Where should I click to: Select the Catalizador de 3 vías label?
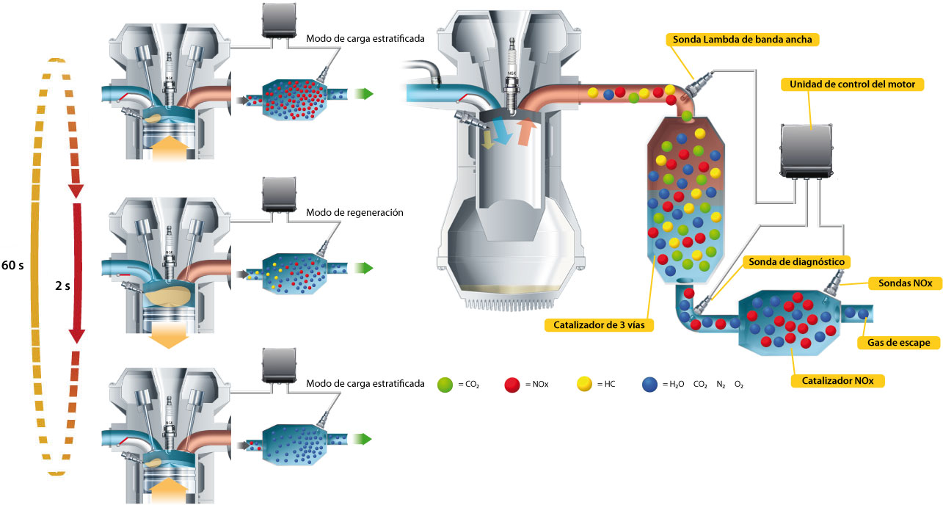[598, 324]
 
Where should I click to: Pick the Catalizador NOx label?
[837, 381]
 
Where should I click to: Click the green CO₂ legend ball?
[445, 384]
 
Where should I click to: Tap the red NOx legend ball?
[513, 384]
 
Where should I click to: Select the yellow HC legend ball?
[586, 384]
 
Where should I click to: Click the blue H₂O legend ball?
[649, 384]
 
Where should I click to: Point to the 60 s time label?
[13, 265]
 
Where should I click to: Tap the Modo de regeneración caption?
[355, 212]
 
